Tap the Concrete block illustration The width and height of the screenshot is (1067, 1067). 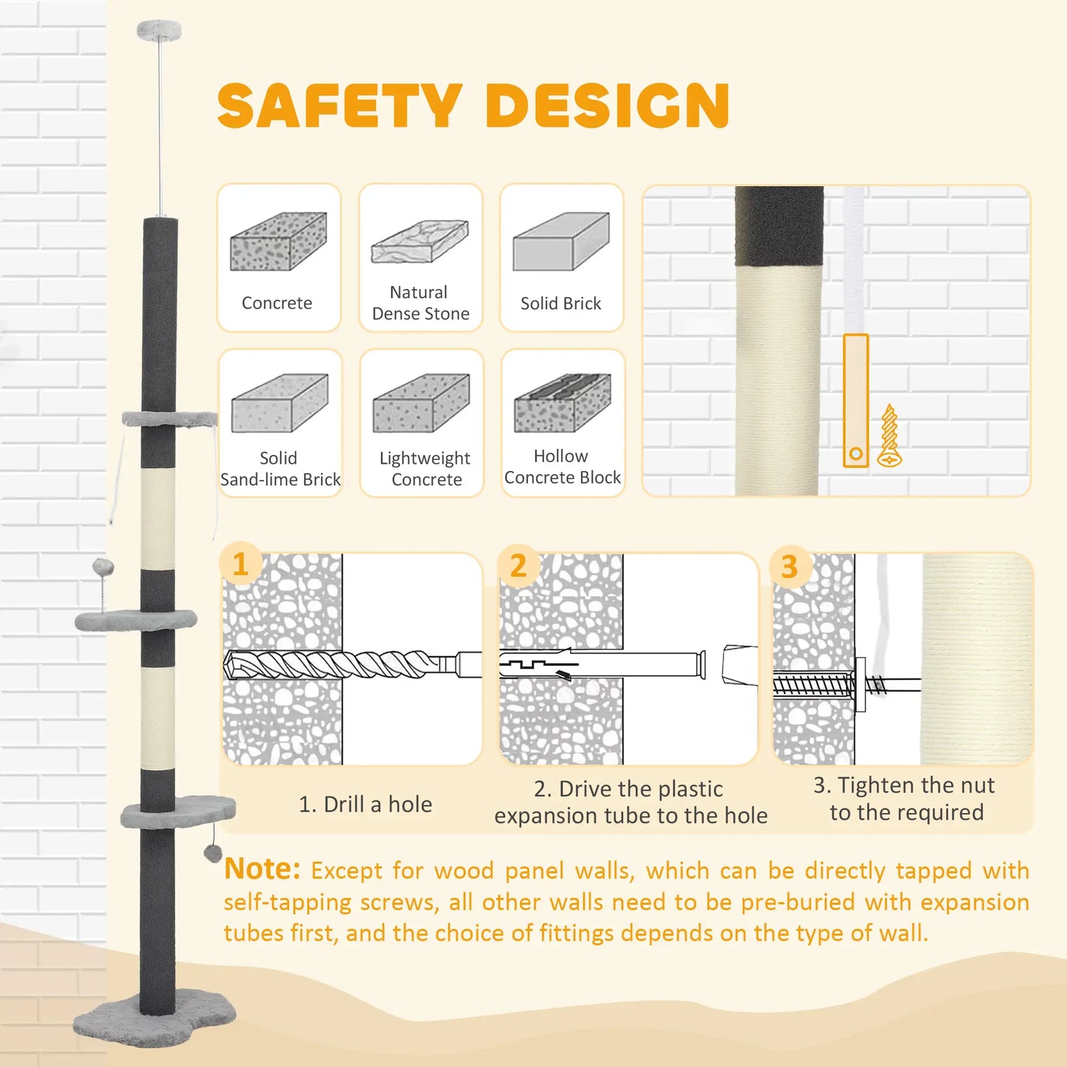tap(278, 241)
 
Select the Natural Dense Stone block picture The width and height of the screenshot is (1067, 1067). tap(419, 241)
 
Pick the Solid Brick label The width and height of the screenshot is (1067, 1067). tap(560, 303)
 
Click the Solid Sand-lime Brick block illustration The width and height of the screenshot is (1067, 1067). tap(280, 402)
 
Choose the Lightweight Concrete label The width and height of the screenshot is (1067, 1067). tap(425, 468)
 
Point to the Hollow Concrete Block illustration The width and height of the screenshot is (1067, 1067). tap(563, 402)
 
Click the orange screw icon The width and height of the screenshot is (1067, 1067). tap(889, 435)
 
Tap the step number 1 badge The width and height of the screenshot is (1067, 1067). tap(240, 564)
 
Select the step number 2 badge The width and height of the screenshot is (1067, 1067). tap(518, 566)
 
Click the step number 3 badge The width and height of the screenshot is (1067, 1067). tap(790, 566)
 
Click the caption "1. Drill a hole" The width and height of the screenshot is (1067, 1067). tap(366, 805)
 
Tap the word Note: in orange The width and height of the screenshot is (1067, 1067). tap(262, 869)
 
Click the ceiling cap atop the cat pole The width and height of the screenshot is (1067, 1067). tap(159, 29)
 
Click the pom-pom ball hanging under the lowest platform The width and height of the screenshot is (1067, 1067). tap(212, 853)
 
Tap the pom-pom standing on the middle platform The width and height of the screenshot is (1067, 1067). tap(103, 567)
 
